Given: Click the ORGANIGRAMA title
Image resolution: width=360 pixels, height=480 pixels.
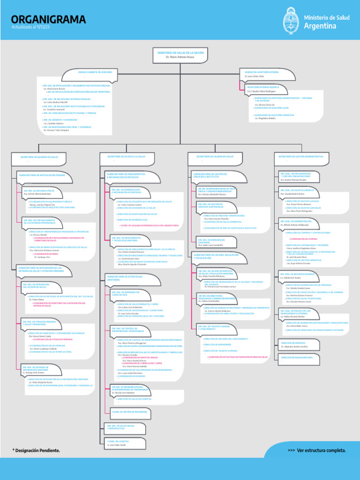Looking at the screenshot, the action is pos(48,19).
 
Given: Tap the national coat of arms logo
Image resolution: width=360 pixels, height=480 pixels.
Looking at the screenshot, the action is pos(290,22).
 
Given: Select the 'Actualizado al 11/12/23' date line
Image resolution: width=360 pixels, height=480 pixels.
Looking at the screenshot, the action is pos(30,28).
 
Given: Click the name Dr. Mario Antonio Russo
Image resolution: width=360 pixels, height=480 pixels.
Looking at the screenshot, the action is pos(173,57).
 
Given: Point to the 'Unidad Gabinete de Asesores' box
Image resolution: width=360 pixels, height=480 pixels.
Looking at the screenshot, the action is pos(95,73).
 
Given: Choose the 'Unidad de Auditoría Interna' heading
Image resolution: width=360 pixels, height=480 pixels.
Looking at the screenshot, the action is pos(262,72).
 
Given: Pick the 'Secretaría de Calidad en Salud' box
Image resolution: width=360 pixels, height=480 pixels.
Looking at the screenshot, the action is pos(214,157).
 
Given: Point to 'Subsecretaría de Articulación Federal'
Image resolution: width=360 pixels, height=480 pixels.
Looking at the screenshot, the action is pos(42,175).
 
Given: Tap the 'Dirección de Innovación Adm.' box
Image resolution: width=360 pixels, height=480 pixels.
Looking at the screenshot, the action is pos(297,357).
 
